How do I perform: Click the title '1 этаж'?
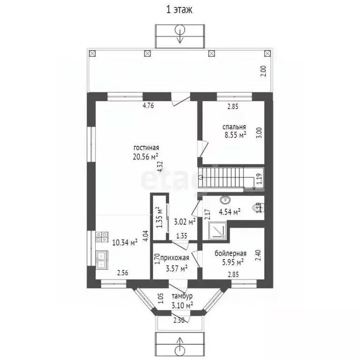[x=180, y=9]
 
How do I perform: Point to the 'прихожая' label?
[x=174, y=258]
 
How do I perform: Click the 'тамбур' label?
[x=181, y=296]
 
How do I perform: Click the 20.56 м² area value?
[x=145, y=157]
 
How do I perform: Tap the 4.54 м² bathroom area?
[x=230, y=212]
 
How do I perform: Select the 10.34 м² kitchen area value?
[x=124, y=242]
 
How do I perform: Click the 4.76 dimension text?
[x=148, y=106]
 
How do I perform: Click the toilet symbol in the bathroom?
[x=257, y=207]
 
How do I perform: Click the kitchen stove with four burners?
[x=101, y=237]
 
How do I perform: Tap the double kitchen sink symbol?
[x=101, y=259]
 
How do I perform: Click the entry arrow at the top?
[x=180, y=34]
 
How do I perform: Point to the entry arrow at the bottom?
[x=180, y=345]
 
